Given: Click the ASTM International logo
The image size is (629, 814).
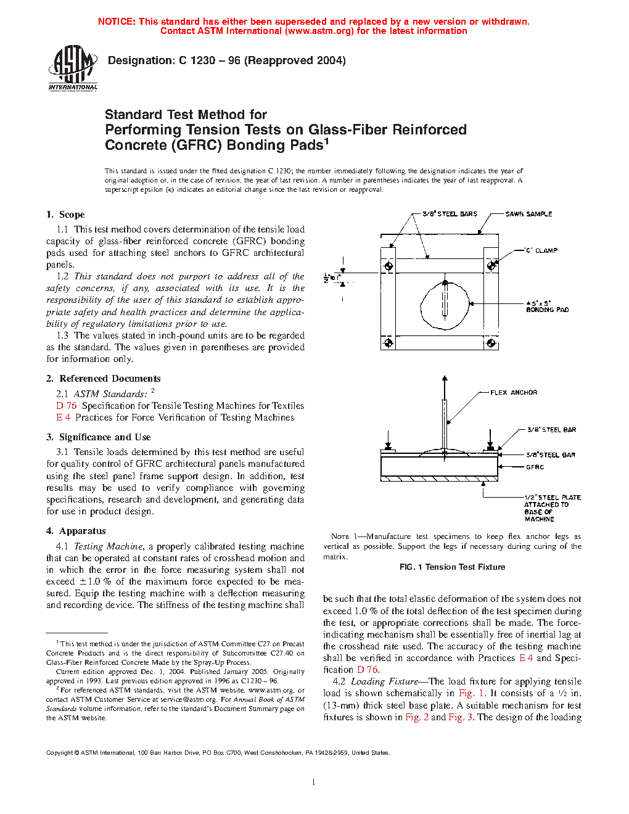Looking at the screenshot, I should (73, 68).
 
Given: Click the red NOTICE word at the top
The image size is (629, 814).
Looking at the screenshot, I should (117, 22).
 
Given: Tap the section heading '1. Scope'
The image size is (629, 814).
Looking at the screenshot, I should (65, 215).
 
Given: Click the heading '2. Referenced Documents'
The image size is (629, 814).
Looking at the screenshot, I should (103, 379).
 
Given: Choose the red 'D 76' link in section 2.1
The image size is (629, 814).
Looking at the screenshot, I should (67, 406).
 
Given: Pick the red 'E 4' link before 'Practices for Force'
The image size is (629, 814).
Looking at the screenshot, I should (63, 417).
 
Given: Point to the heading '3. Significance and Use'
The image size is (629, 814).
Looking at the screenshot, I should (98, 437).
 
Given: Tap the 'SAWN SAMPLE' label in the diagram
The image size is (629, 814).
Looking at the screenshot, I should (528, 214).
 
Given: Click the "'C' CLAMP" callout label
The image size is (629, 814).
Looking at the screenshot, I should (541, 250).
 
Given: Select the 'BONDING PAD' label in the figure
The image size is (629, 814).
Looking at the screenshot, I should (547, 310).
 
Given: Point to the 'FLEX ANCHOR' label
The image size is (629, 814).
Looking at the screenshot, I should (514, 392).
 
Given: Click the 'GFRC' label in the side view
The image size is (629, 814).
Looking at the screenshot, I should (535, 467).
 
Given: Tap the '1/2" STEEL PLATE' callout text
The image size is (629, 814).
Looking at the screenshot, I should (553, 497).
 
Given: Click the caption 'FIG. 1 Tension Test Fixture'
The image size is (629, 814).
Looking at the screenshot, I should (452, 567).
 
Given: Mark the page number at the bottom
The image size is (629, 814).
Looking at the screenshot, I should (314, 783).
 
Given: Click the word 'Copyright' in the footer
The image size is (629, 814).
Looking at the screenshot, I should (59, 752).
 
